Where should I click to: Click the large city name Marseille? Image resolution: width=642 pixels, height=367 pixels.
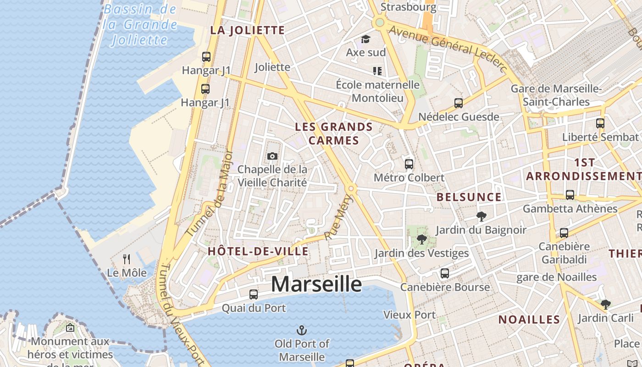point(316,284)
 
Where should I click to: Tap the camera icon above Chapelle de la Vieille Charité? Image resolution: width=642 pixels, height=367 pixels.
point(272,156)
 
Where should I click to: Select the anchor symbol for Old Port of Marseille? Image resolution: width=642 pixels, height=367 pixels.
point(302,330)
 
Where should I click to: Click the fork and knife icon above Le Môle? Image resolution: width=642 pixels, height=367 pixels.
point(127,259)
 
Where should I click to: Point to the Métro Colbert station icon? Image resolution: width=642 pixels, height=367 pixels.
point(409,164)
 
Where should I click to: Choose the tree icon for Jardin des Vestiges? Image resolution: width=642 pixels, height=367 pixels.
point(421,239)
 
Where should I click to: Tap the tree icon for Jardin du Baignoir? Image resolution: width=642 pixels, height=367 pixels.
point(481,216)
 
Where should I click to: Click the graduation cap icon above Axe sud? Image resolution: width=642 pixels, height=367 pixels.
point(365,39)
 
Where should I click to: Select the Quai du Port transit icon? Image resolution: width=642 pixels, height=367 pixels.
point(254,295)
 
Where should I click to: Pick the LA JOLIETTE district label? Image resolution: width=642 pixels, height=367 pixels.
point(248,30)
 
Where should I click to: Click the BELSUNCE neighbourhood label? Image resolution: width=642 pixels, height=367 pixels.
point(469,197)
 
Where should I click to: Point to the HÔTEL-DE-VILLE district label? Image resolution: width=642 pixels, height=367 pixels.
point(258,251)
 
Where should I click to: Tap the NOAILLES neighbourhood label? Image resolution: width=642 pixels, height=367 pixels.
point(529,319)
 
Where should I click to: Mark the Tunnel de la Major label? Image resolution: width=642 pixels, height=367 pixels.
point(216,193)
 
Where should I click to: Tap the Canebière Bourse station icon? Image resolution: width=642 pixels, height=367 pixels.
point(444,273)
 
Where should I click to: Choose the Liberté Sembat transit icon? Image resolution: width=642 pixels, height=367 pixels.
point(600,123)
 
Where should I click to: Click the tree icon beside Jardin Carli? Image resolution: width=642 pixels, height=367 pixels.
point(606,304)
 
